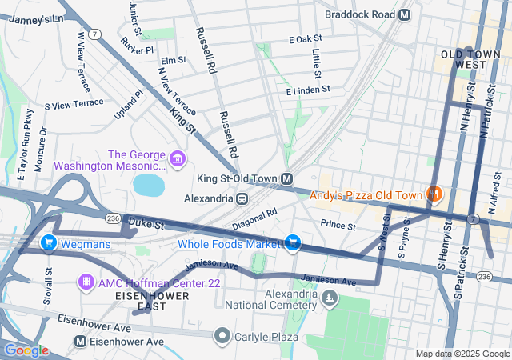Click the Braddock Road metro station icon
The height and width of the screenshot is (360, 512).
pos(404,14)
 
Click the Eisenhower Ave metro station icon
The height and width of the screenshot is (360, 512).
pos(80,342)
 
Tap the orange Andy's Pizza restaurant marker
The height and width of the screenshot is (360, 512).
pos(434,194)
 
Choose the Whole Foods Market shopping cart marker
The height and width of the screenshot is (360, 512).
pos(294,242)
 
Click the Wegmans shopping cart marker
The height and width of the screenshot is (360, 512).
pos(48,242)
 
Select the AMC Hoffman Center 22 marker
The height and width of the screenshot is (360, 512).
pos(86,282)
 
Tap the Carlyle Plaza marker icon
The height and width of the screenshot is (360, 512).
pos(223,336)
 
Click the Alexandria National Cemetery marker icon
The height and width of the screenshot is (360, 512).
pos(329,298)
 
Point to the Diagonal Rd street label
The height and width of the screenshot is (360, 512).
pos(254,219)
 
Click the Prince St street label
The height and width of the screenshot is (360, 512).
pos(338,226)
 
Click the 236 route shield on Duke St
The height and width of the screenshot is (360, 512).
pos(113,218)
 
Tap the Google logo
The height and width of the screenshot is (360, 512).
pos(26,350)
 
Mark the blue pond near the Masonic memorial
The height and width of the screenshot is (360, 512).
pos(149,186)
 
